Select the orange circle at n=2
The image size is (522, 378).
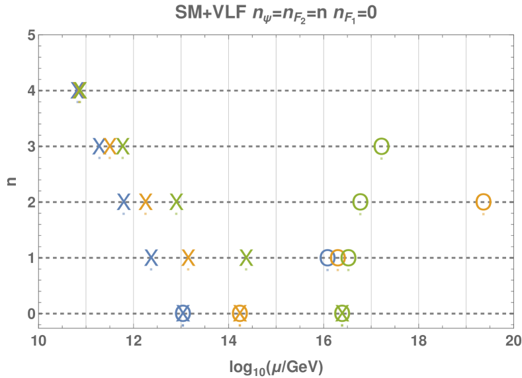coord(484,202)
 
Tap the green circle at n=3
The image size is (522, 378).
coord(381,146)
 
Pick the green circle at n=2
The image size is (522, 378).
coord(360,202)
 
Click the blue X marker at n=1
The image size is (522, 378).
coord(152,258)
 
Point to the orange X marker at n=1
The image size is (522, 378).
coord(189,258)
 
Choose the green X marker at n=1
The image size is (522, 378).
coord(246,258)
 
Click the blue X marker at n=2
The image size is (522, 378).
coord(124,202)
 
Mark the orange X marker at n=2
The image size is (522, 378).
coord(146,202)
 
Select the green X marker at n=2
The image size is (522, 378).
coord(177,202)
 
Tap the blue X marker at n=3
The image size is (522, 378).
coord(99,146)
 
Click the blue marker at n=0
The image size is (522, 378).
coord(183,313)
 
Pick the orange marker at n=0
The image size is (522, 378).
coord(239,313)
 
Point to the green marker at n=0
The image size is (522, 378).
coord(342,313)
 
